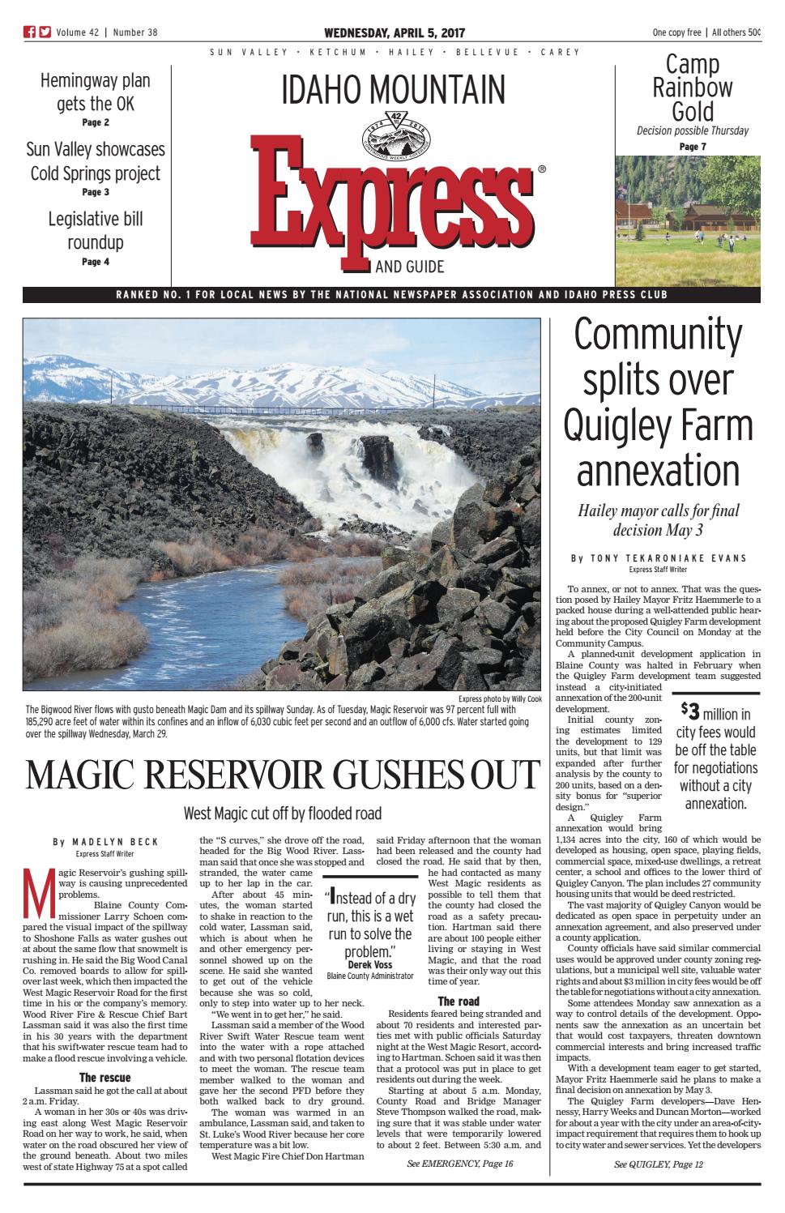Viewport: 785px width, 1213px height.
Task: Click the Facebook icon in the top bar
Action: point(28,32)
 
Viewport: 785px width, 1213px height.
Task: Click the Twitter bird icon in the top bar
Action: point(44,32)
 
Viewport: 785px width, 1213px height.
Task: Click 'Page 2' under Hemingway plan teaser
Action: point(96,123)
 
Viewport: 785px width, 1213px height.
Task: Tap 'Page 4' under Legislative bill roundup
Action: point(96,262)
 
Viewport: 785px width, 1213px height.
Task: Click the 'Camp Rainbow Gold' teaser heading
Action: point(693,88)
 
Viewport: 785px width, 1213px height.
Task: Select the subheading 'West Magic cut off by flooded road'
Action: point(282,813)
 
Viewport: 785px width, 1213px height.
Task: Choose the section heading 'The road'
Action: point(458,1002)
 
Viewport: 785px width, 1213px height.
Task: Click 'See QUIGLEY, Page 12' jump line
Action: point(658,1164)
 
